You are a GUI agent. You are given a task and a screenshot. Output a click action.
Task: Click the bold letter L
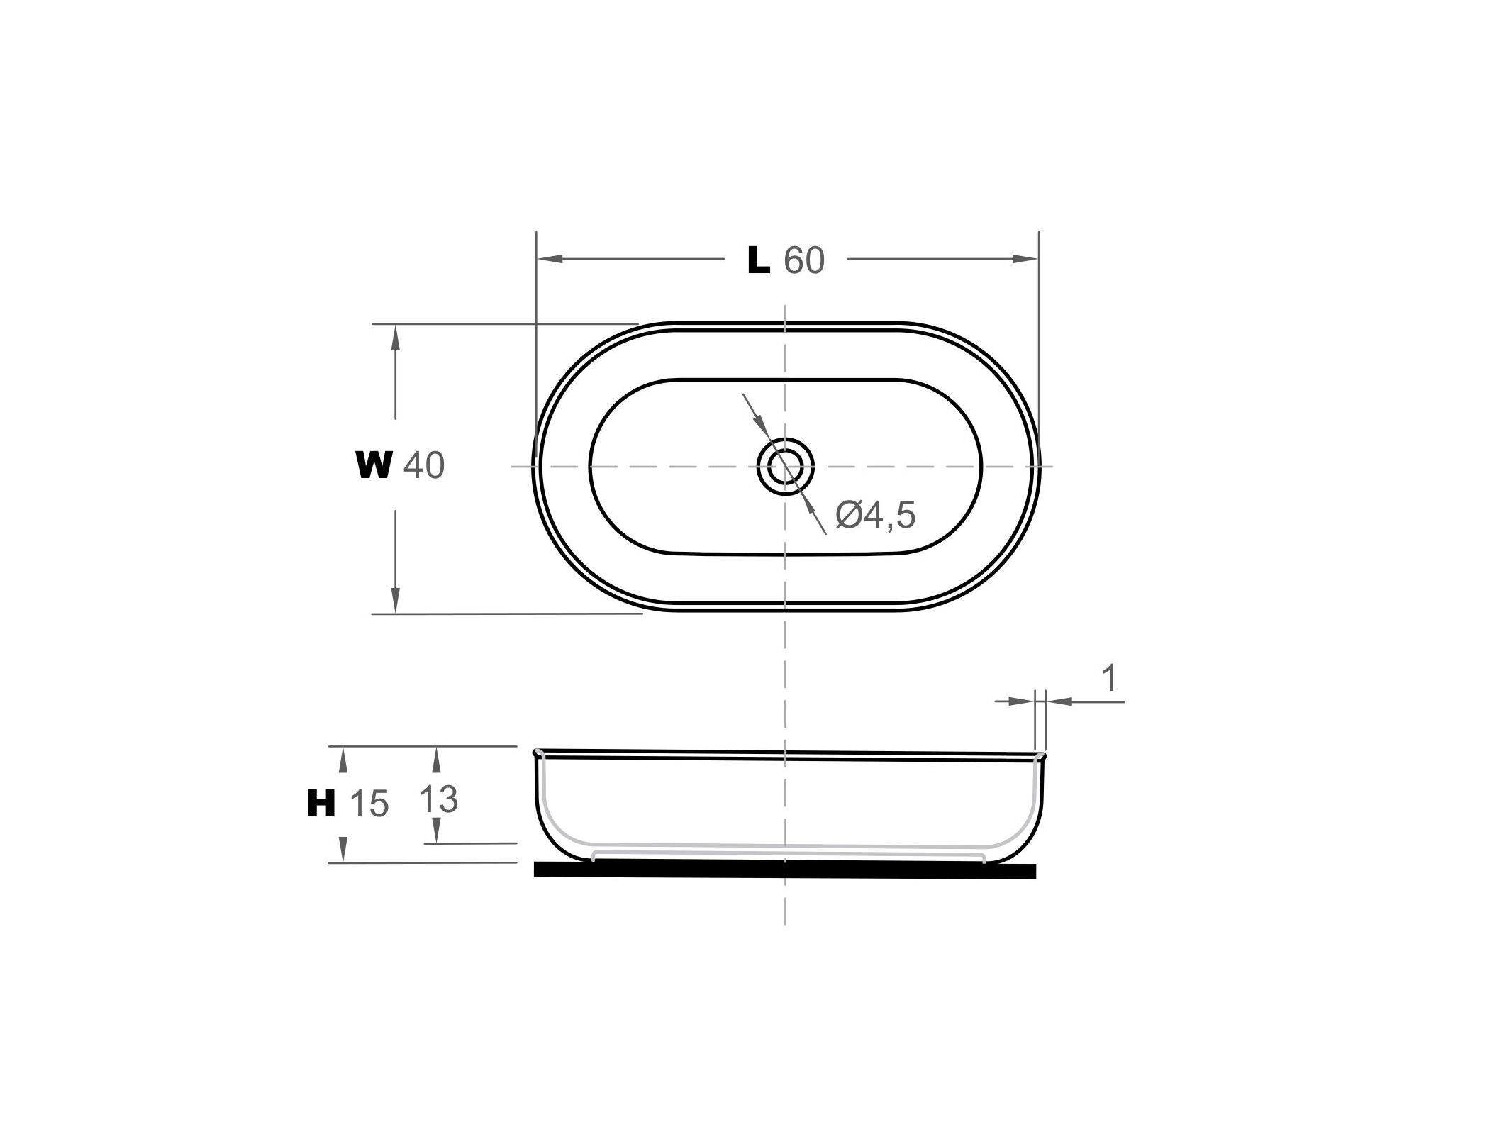click(759, 261)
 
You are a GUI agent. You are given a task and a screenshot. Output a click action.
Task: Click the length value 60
click(804, 261)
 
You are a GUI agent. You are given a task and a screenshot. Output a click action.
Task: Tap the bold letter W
click(374, 466)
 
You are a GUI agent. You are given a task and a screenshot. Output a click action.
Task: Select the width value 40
click(424, 466)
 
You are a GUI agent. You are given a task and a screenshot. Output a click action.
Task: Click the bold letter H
click(321, 804)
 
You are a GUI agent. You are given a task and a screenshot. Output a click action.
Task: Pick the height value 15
click(369, 804)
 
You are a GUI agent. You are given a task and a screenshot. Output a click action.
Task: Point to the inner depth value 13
click(438, 800)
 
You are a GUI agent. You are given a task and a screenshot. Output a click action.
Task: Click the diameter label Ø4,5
click(876, 515)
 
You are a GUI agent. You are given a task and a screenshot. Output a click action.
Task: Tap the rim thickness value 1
click(1110, 679)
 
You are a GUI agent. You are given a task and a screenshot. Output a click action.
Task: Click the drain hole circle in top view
click(785, 466)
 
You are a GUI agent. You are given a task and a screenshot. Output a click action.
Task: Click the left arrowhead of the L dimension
click(550, 259)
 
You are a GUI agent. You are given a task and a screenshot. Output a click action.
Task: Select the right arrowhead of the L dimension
click(1025, 259)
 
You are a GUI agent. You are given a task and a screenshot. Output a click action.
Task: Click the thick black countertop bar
click(784, 870)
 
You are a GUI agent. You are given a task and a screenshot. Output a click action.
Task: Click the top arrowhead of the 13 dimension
click(437, 759)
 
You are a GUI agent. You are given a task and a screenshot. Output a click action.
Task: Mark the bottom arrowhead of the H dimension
click(343, 850)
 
